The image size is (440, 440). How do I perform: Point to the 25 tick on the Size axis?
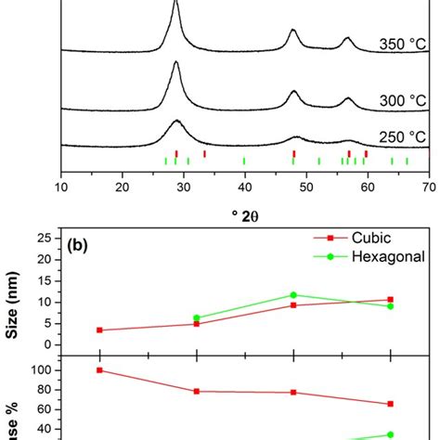tap(48, 239)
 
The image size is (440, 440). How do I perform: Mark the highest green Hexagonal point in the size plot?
tap(293, 295)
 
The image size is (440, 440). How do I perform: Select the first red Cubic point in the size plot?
tap(99, 330)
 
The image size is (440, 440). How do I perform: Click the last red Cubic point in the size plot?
tap(390, 300)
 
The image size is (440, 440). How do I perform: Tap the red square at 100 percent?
tap(99, 370)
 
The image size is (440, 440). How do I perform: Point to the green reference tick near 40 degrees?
tap(244, 161)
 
